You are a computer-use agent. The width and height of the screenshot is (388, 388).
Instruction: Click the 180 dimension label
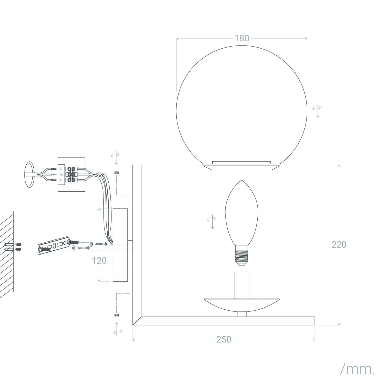click(x=242, y=38)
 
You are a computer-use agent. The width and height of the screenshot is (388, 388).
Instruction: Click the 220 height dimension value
click(x=339, y=244)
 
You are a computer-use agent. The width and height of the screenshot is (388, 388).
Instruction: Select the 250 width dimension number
click(x=223, y=339)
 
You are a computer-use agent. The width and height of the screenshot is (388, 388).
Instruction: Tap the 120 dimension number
click(x=99, y=260)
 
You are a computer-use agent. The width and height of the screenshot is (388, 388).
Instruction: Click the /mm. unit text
click(x=357, y=370)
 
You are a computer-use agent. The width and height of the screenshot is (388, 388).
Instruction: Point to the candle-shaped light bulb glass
click(x=242, y=212)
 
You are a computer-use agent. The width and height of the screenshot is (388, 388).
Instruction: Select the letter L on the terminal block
click(x=61, y=168)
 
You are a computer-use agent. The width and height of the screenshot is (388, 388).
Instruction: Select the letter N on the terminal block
click(x=61, y=180)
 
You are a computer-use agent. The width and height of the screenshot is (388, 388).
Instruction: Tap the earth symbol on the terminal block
click(x=61, y=174)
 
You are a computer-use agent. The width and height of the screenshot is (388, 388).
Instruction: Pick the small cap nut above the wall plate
click(x=116, y=173)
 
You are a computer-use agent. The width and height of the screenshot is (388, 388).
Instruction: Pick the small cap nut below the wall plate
click(x=116, y=315)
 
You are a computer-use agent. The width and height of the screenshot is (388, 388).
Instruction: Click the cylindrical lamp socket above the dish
click(x=242, y=285)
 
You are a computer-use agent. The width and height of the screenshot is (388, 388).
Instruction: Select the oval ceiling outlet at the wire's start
click(x=29, y=174)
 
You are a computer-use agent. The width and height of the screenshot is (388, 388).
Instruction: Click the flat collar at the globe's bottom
click(x=242, y=166)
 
